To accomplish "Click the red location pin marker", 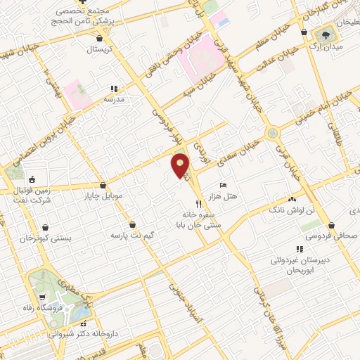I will tap(181, 165).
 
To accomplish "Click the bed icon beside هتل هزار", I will tap(223, 184).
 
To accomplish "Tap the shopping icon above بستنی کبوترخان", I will tap(46, 227).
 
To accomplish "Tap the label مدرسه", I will tap(114, 100).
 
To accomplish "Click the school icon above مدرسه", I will tap(113, 89).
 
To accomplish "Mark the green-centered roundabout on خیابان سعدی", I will tap(271, 133).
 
